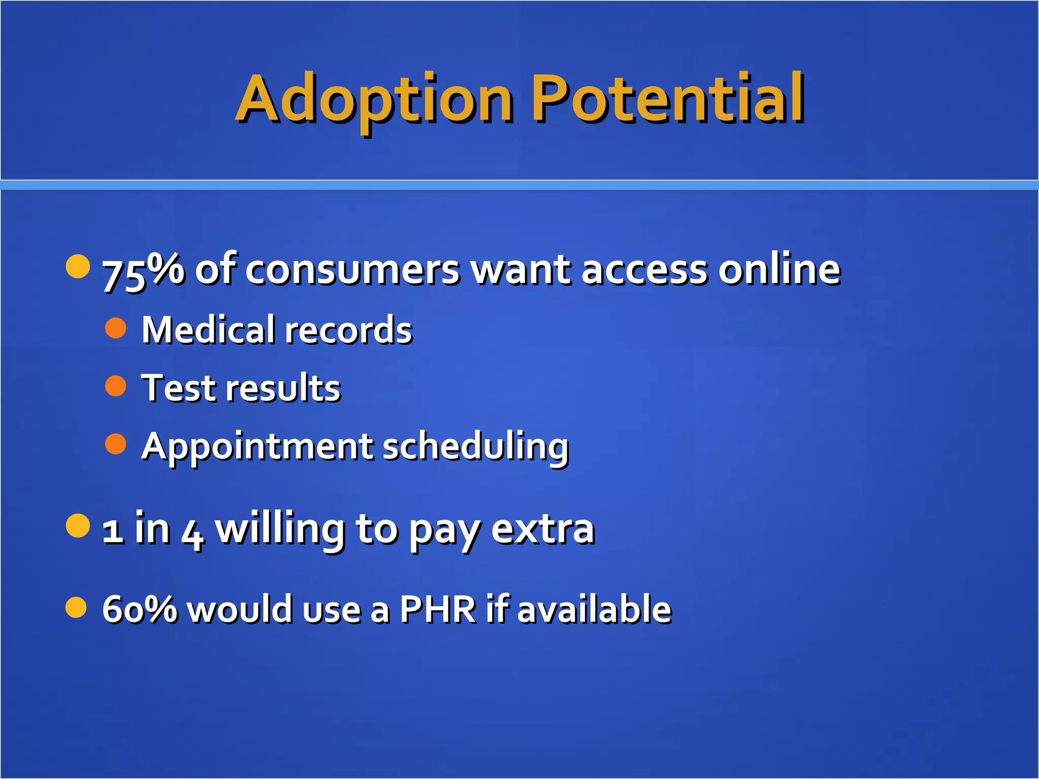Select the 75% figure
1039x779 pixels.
click(143, 270)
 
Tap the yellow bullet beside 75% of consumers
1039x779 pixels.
click(78, 266)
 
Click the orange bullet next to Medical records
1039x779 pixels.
click(116, 328)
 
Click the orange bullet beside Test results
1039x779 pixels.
click(116, 386)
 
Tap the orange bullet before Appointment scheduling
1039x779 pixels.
click(116, 444)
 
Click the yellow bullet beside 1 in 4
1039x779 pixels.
click(78, 525)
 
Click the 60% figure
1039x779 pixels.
click(140, 609)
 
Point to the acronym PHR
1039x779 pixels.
click(437, 609)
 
